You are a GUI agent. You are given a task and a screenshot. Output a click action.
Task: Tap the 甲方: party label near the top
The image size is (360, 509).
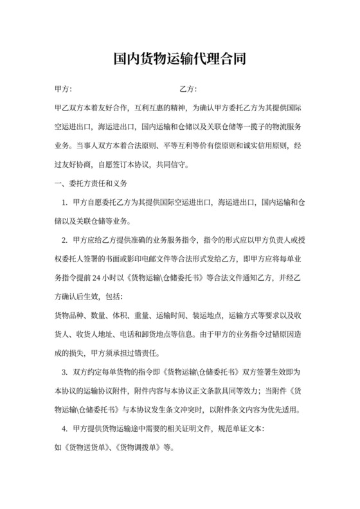coord(64,89)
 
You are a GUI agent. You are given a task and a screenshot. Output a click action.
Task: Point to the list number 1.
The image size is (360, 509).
coord(64,203)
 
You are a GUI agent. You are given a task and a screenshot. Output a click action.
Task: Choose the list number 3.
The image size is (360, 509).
coord(64,372)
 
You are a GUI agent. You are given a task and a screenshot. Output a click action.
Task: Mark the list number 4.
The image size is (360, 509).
coord(64,428)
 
